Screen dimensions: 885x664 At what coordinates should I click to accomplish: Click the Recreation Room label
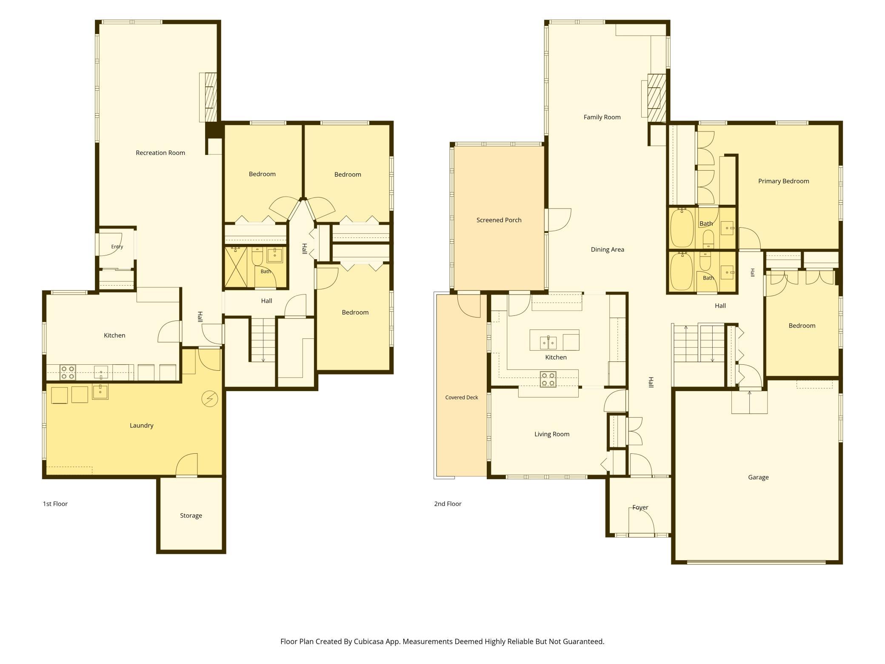click(160, 153)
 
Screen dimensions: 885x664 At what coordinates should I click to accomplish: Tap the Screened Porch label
click(499, 220)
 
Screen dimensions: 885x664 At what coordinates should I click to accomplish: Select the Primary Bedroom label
click(783, 181)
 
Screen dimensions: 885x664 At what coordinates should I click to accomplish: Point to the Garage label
click(758, 477)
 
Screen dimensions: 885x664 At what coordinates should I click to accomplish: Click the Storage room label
click(191, 515)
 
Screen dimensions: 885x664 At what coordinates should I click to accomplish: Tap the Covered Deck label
click(462, 397)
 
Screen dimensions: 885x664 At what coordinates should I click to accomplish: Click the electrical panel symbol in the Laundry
click(209, 399)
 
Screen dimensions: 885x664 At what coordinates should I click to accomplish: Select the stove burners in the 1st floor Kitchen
click(68, 372)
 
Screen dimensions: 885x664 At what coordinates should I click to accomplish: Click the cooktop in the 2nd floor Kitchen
click(548, 379)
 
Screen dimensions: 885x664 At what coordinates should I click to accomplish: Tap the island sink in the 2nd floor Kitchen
click(548, 343)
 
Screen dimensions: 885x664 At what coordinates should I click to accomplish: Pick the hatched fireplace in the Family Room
click(657, 98)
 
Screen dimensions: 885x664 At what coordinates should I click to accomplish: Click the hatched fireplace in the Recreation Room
click(211, 97)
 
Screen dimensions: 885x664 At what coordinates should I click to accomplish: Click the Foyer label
click(640, 507)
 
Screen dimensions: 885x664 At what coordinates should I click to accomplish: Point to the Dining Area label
click(607, 249)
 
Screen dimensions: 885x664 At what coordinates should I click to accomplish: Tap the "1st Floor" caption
click(55, 504)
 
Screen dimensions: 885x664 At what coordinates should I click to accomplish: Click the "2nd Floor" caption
click(448, 504)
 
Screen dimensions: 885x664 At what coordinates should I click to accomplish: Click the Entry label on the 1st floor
click(117, 246)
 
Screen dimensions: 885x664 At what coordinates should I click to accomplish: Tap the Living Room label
click(552, 434)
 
